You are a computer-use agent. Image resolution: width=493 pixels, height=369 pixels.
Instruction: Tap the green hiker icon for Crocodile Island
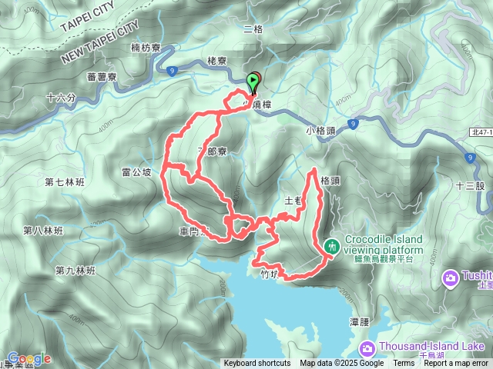332,246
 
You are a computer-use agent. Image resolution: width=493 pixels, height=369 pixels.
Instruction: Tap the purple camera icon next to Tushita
450,277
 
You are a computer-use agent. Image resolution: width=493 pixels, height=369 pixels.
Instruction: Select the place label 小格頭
320,131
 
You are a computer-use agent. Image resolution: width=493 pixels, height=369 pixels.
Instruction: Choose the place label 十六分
62,98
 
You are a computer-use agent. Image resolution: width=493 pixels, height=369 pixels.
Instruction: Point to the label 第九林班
75,271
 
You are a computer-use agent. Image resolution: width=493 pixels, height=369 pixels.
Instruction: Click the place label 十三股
469,185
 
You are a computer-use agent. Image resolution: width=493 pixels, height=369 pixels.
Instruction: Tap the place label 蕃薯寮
102,77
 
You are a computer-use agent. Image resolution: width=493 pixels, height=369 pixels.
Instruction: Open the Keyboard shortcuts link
257,364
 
